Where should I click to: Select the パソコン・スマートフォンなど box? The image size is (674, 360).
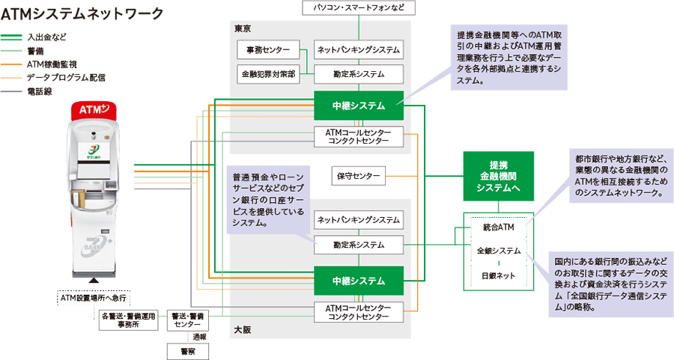(x=359, y=7)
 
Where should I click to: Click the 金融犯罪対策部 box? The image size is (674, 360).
(x=268, y=74)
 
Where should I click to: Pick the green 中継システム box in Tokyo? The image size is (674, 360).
(x=359, y=106)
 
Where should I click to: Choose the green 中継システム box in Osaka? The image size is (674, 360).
(x=359, y=281)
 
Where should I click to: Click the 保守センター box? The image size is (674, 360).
(x=357, y=177)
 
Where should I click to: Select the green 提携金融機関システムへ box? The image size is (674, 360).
(x=499, y=176)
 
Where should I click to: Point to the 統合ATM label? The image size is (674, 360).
(x=499, y=226)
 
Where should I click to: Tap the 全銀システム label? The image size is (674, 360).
(x=499, y=251)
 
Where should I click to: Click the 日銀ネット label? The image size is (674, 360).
(x=499, y=275)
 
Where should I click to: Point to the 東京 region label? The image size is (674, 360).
(x=243, y=28)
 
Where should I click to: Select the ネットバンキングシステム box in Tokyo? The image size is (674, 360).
(x=359, y=51)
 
